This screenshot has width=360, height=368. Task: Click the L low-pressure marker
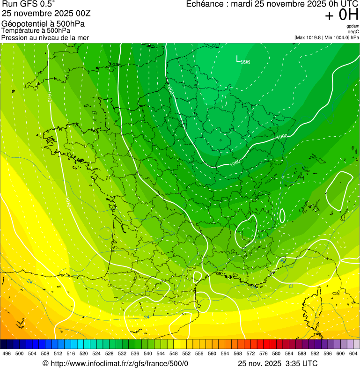click(238, 59)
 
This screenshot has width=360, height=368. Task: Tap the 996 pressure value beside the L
click(245, 62)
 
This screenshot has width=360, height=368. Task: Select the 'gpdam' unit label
click(353, 26)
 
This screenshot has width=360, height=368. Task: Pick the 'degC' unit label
click(353, 31)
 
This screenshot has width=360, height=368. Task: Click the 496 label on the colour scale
click(7, 353)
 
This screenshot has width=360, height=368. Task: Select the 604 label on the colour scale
click(353, 353)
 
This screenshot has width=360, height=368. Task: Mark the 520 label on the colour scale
click(84, 353)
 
